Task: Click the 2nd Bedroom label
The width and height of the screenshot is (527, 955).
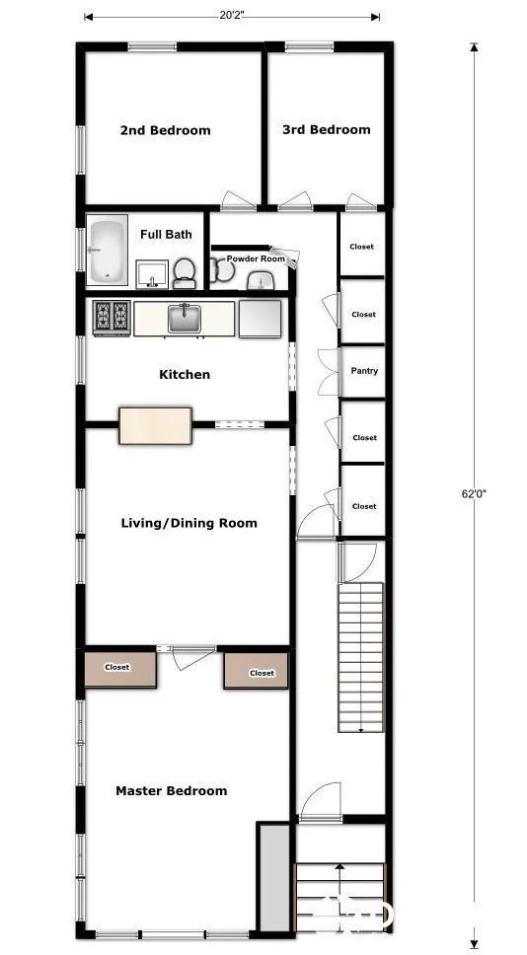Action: point(165,130)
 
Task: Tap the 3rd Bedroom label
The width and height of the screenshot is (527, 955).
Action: point(326,129)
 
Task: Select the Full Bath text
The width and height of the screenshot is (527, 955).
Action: point(166,234)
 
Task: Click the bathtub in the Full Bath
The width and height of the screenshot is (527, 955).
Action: point(107,252)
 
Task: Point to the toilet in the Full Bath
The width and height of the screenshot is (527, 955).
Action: point(184,271)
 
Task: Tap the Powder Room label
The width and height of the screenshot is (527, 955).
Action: point(256,258)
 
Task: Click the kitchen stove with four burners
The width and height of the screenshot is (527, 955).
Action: point(112,318)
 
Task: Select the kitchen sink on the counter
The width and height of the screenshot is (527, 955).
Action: point(184,318)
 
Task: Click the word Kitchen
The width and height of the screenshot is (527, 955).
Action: point(185,374)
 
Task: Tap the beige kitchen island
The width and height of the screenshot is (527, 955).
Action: point(155,425)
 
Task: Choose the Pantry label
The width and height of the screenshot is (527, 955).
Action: point(364,371)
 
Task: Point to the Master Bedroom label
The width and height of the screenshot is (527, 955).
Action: point(171,790)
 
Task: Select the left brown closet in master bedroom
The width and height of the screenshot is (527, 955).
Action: point(118,669)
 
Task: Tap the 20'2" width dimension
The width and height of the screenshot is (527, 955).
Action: point(232,15)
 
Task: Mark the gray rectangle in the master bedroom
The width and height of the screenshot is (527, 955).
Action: point(273,876)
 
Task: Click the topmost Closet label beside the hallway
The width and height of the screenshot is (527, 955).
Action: point(362,246)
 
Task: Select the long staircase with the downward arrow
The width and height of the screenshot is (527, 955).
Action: point(360,656)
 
